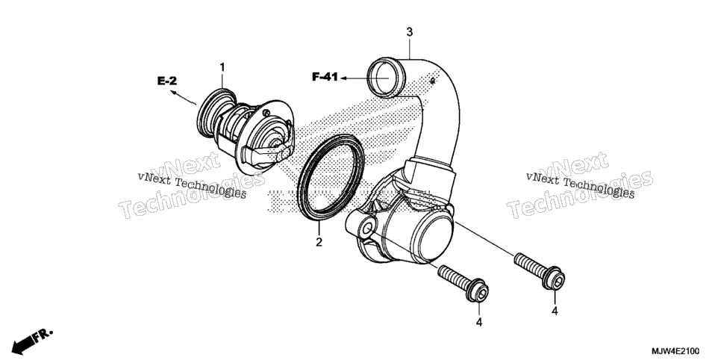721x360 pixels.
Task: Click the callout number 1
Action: [222, 68]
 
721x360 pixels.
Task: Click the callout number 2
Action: [319, 242]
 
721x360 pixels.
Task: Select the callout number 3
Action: [409, 32]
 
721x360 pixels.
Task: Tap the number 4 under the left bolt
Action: [479, 322]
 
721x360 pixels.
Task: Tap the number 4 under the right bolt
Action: [555, 311]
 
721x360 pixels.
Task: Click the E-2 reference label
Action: [167, 81]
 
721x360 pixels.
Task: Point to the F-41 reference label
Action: [325, 78]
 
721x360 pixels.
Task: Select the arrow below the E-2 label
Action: [184, 98]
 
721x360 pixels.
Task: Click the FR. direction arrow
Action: [31, 341]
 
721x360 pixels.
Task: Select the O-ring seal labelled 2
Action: [331, 177]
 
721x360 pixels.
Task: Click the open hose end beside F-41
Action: [384, 78]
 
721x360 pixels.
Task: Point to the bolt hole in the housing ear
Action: [367, 229]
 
